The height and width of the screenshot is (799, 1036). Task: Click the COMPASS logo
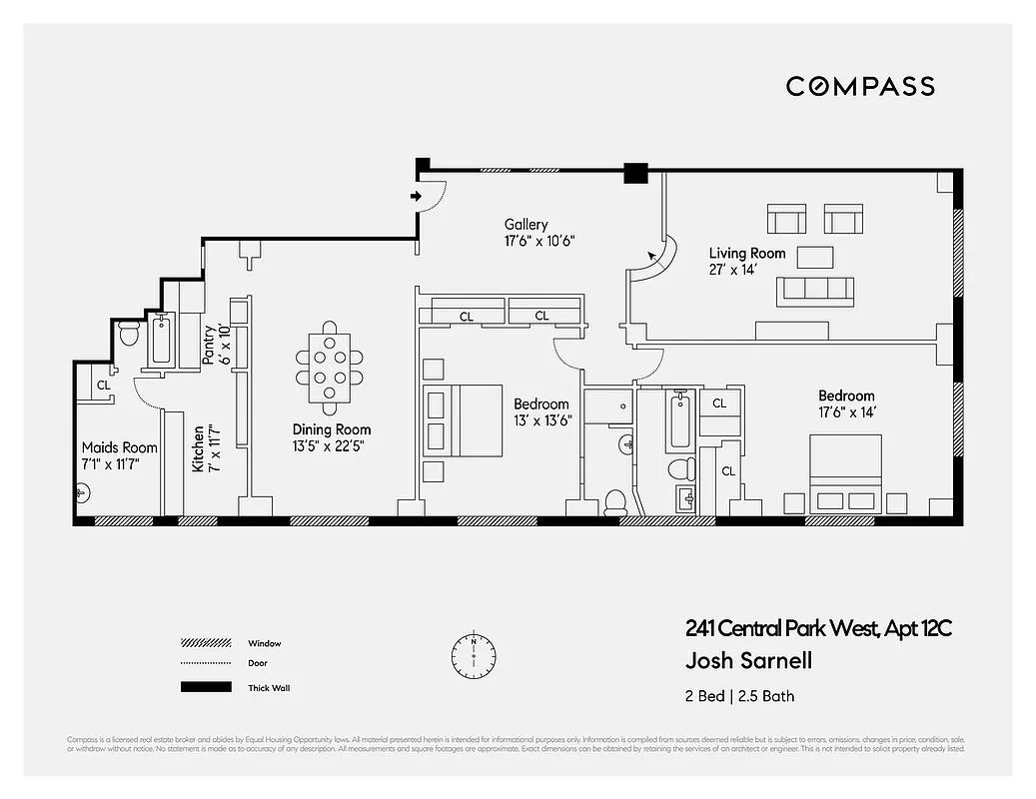(x=859, y=86)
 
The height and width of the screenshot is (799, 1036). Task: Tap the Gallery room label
(x=525, y=225)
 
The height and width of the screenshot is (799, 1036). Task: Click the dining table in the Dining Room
(x=330, y=367)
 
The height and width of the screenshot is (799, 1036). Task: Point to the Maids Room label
(x=119, y=448)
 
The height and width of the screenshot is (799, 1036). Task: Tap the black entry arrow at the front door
(x=416, y=196)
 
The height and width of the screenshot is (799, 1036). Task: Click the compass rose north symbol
(x=473, y=654)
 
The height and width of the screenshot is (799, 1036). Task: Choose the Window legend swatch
(x=207, y=643)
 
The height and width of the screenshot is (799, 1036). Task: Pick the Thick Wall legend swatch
(x=207, y=687)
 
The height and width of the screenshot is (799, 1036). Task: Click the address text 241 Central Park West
(x=818, y=629)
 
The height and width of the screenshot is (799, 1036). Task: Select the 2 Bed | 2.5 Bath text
(x=739, y=696)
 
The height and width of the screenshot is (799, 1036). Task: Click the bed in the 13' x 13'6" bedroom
(x=462, y=419)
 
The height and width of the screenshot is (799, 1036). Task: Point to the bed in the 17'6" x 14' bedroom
(x=845, y=474)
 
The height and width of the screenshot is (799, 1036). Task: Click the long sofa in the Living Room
(x=815, y=291)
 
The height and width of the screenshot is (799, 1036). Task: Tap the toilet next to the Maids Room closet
(x=128, y=334)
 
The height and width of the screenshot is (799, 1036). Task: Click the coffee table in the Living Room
(x=814, y=257)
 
